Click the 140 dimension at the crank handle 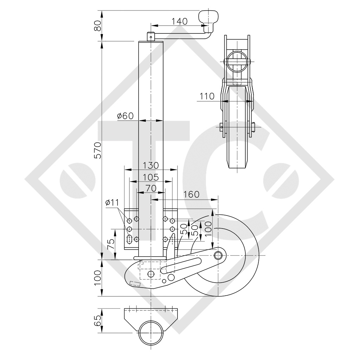tap(179, 21)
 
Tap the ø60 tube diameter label tap(126, 116)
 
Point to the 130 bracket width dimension tap(151, 165)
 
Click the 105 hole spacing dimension tap(151, 177)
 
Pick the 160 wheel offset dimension tap(191, 194)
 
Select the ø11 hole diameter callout tap(112, 202)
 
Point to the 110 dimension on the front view tap(207, 96)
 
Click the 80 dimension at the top tap(98, 26)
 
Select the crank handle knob tap(208, 17)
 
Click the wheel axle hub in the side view tap(219, 254)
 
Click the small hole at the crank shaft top tap(150, 35)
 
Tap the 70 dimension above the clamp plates tap(151, 188)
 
